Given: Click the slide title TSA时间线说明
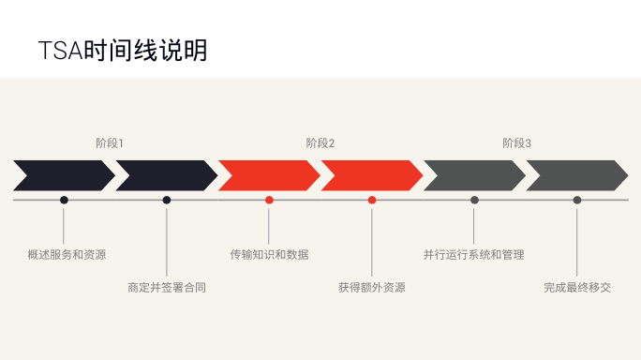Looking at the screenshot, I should pos(123,51).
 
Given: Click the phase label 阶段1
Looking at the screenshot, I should pos(110,143).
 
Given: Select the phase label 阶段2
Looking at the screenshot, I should pos(320,143).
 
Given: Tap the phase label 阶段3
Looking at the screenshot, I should pos(516,143).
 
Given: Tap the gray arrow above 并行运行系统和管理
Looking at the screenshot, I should pos(474,175).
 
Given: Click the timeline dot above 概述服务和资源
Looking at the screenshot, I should pos(64,200).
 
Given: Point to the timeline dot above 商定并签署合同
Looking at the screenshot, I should pos(167,200).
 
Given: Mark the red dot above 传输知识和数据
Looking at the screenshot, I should pos(269,200).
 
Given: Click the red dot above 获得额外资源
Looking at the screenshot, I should pos(372,200).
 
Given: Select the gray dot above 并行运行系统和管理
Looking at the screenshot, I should pos(474,200).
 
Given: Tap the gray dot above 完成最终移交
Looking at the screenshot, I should pos(577,200).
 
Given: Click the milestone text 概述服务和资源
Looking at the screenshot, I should pos(67,255).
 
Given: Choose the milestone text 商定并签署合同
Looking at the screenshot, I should pos(167,288).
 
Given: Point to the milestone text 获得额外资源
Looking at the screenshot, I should pos(372,288).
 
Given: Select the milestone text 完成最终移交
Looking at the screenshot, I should pos(577,288).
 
